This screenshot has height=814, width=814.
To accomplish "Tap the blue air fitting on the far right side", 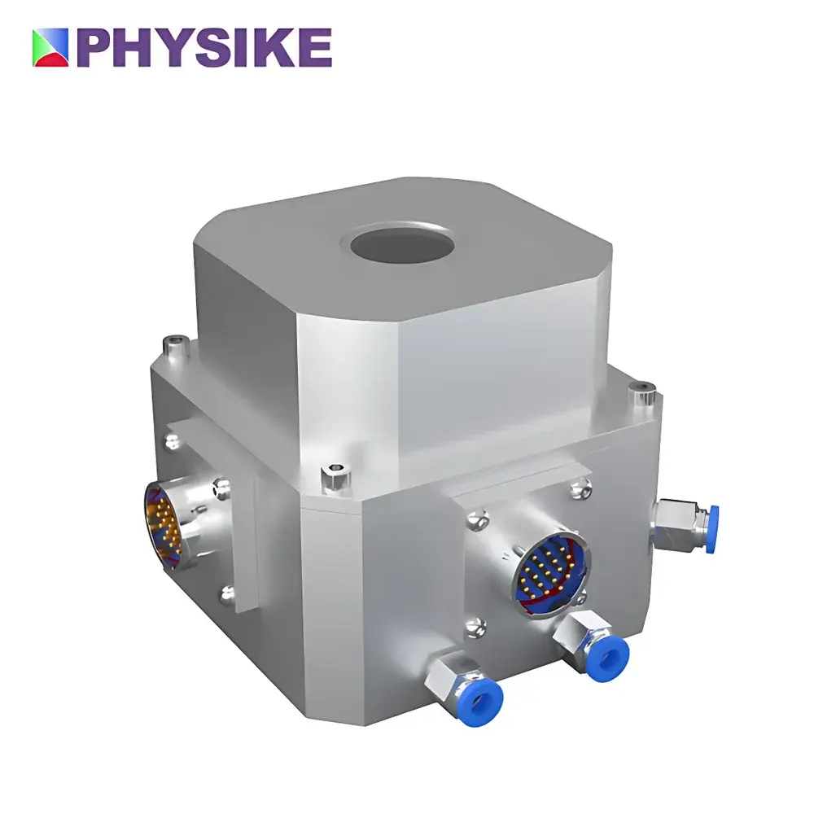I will point(707,518).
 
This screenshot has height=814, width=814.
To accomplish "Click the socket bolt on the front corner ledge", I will point(335,475).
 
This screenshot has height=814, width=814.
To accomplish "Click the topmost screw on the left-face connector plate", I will point(173,441).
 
